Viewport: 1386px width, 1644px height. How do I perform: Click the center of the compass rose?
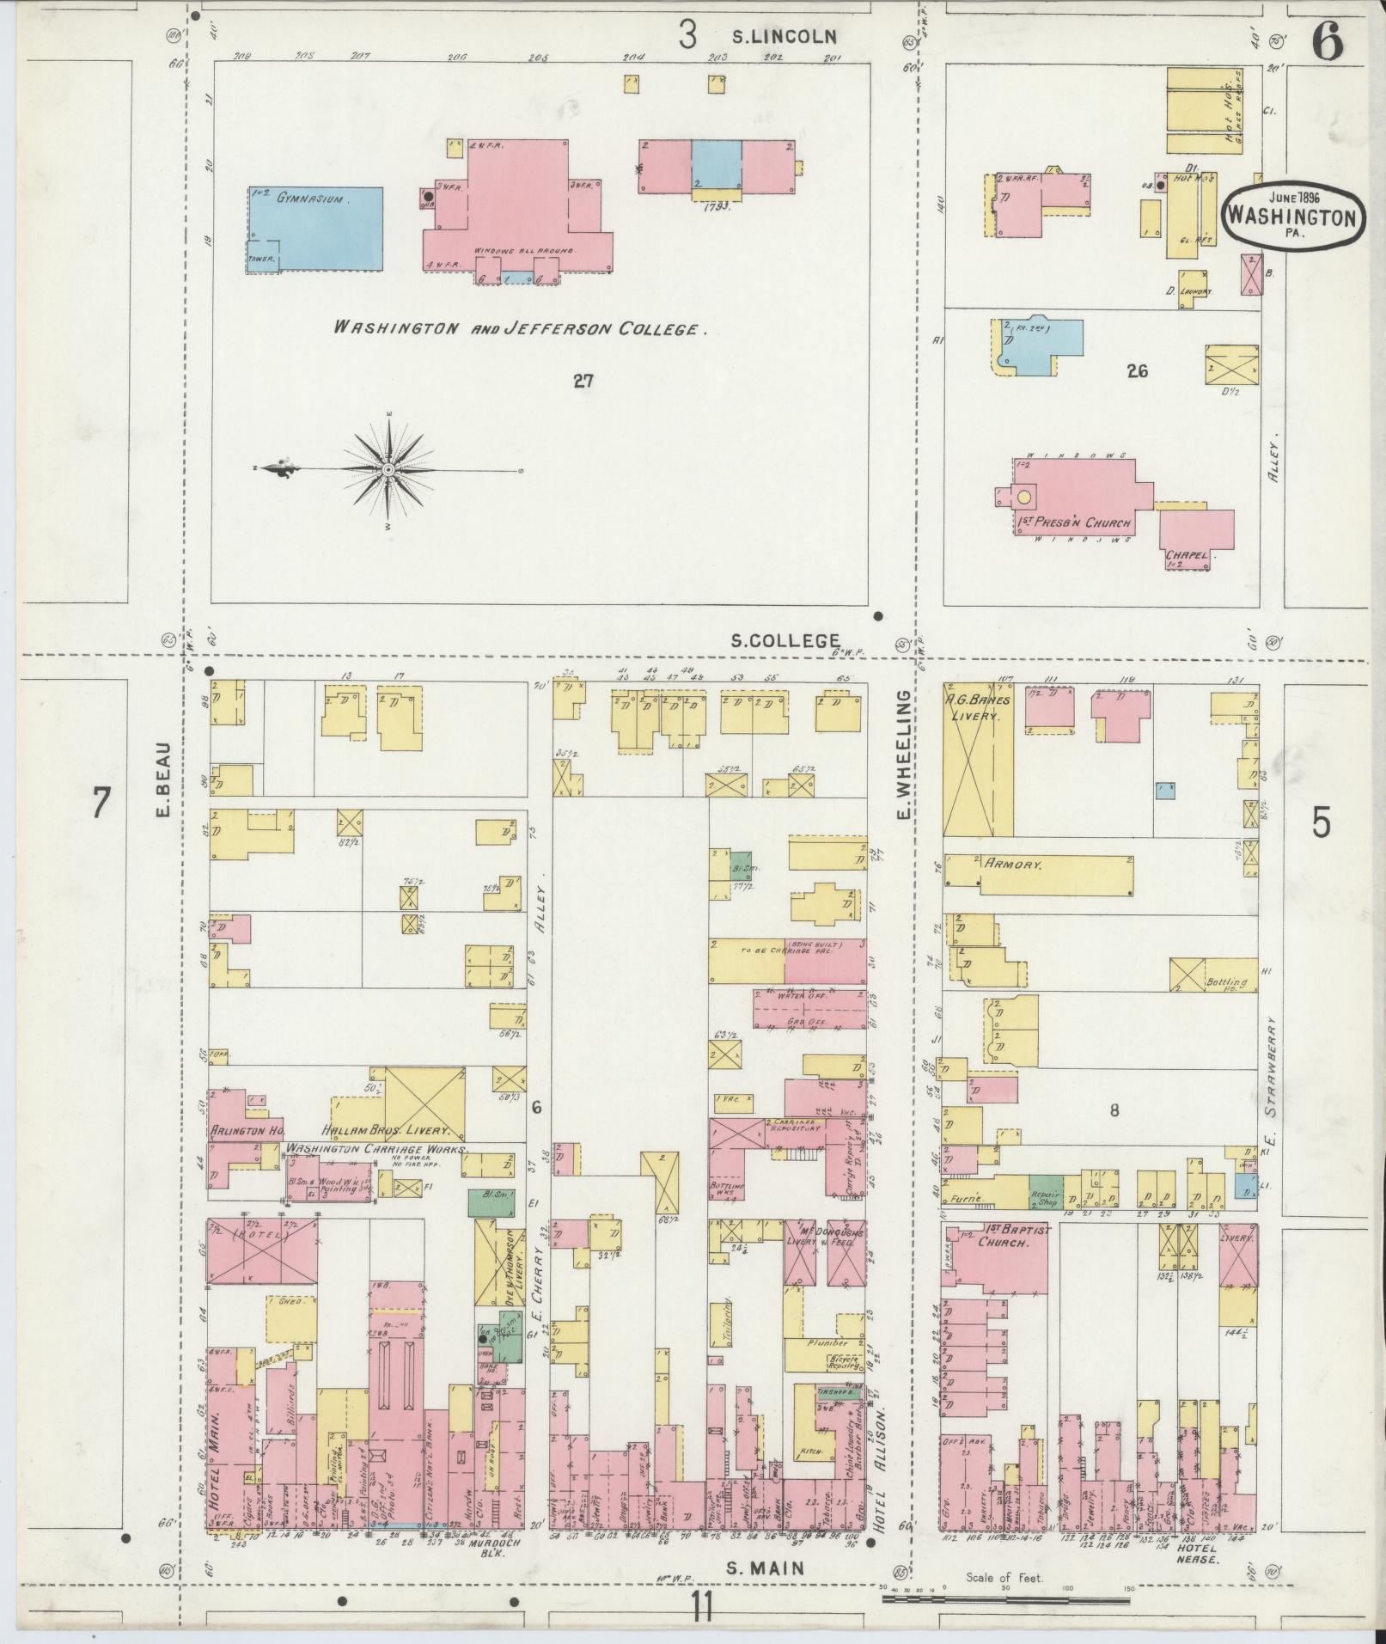pos(388,469)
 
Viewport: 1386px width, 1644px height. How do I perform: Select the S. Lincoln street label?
pos(784,36)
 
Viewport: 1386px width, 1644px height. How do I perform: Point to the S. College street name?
pos(785,640)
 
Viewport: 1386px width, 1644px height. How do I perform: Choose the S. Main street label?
pos(766,1568)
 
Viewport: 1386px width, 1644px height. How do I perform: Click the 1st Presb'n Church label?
pos(1074,522)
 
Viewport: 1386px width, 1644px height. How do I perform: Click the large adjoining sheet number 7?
pos(101,804)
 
